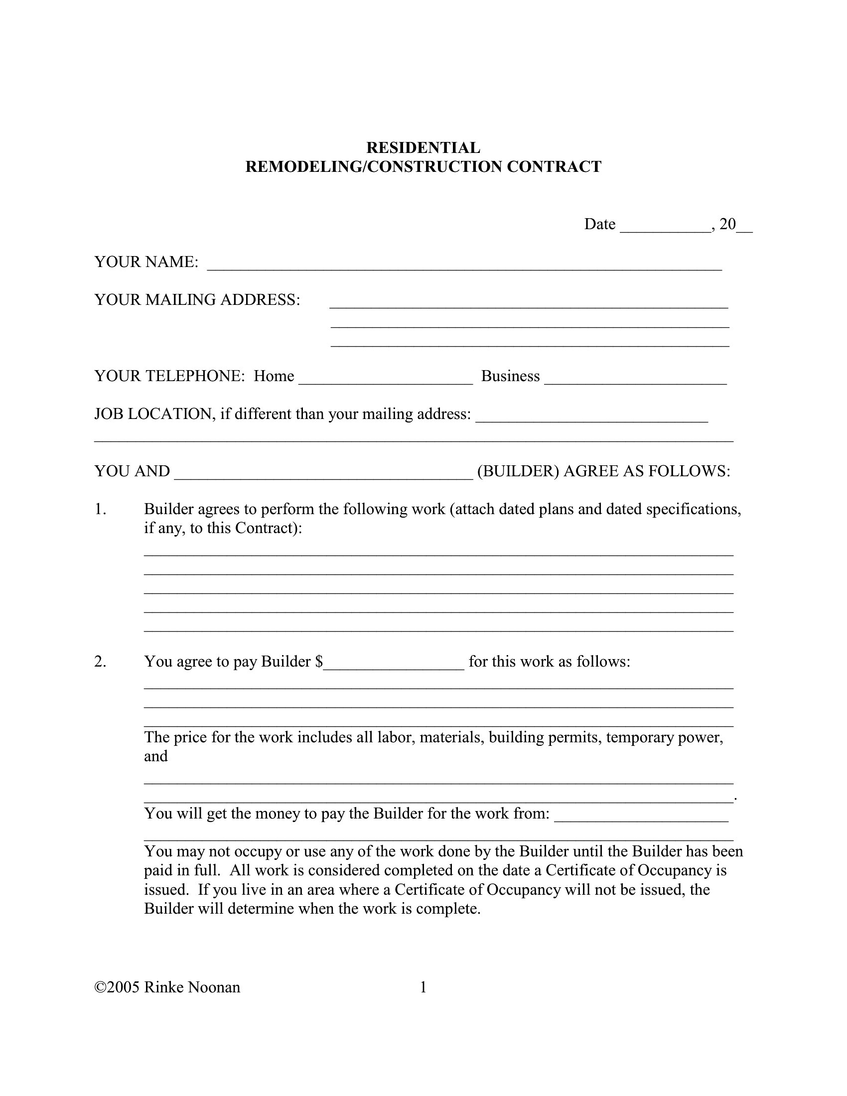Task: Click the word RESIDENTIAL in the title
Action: [x=423, y=147]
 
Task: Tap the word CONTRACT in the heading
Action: [x=554, y=166]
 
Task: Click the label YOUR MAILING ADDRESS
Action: [x=197, y=299]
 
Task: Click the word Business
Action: [x=510, y=376]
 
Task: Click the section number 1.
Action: [x=100, y=509]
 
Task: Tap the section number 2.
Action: [x=100, y=662]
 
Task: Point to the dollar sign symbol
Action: [x=319, y=662]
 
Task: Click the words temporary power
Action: [x=664, y=737]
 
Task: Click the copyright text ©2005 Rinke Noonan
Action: [x=167, y=987]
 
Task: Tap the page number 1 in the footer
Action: [x=423, y=987]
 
